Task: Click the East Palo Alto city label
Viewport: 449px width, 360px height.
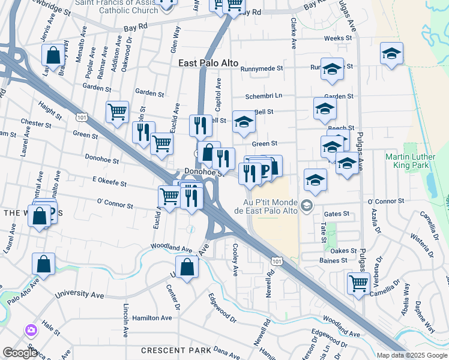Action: coord(208,63)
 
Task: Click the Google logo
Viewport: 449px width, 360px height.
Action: coord(20,352)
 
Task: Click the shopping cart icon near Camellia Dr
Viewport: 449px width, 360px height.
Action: coord(358,282)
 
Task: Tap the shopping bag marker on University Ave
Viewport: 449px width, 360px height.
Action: coord(187,267)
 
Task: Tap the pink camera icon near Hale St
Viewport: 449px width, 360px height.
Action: coord(31,330)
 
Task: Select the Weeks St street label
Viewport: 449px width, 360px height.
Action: coord(337,38)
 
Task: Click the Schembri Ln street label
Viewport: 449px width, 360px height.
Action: coord(264,96)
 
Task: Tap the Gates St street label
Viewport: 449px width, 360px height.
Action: coord(336,214)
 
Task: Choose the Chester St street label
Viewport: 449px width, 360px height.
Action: coord(35,123)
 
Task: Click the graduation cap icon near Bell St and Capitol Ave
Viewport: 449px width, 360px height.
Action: coord(243,121)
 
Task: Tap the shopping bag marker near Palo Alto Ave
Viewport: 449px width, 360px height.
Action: coord(43,263)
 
